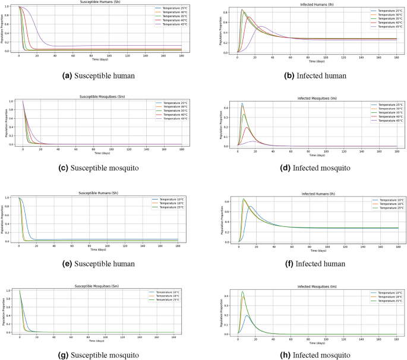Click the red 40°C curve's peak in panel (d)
click(247, 127)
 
